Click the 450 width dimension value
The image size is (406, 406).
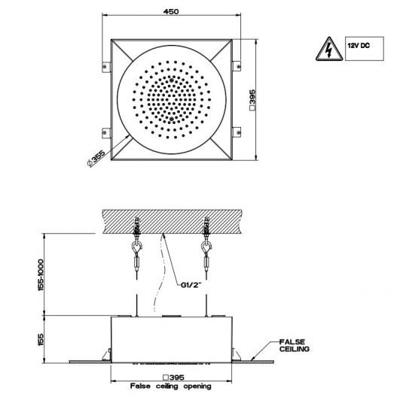171,11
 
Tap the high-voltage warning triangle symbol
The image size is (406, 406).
329,49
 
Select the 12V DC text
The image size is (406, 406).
359,46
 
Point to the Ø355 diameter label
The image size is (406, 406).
96,158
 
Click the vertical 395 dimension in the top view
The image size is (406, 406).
252,100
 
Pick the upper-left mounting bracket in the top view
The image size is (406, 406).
106,67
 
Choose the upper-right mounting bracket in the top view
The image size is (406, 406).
237,66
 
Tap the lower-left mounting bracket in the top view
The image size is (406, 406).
106,133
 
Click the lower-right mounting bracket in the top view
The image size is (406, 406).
237,132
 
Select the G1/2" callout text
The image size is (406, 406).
191,285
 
